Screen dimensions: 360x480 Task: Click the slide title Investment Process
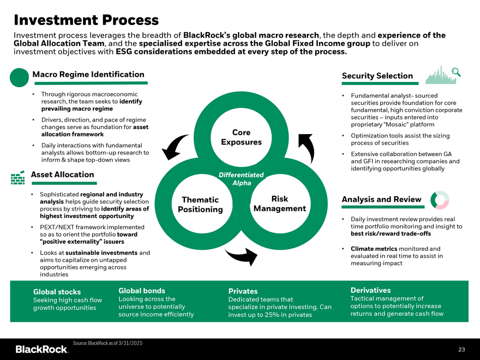(x=86, y=20)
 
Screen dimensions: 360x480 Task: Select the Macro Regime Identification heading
(x=88, y=74)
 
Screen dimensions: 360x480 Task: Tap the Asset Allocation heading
(x=63, y=175)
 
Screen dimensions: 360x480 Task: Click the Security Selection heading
(x=377, y=76)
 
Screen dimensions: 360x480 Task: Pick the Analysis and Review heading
(x=381, y=199)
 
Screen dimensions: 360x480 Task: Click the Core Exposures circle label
(x=241, y=137)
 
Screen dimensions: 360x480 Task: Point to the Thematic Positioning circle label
(x=200, y=205)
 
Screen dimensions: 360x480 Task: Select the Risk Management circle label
(x=279, y=203)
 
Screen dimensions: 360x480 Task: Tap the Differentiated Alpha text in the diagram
(x=241, y=179)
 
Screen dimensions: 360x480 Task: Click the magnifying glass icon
(x=457, y=71)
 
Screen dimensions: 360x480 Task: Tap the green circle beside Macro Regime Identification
(x=19, y=77)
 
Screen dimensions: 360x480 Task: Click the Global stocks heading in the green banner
(x=57, y=292)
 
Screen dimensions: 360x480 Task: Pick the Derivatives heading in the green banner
(x=370, y=290)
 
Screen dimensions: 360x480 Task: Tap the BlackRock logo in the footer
(x=41, y=349)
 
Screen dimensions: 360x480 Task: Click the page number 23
(x=461, y=350)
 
